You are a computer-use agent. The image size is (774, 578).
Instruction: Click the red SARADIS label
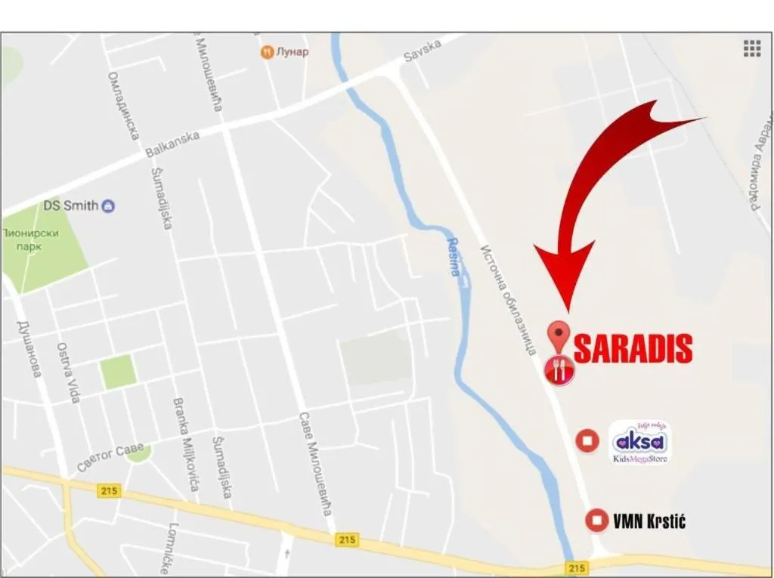pyautogui.click(x=633, y=348)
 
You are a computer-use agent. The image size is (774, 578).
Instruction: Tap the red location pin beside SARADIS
pyautogui.click(x=559, y=335)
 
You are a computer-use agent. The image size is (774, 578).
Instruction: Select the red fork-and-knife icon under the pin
pyautogui.click(x=559, y=369)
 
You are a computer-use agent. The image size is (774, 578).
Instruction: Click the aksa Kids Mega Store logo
pyautogui.click(x=639, y=442)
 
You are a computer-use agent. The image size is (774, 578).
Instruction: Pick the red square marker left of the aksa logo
pyautogui.click(x=587, y=440)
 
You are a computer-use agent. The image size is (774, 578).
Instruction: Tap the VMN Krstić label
pyautogui.click(x=649, y=521)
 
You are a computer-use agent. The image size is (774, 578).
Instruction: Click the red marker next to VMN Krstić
pyautogui.click(x=597, y=520)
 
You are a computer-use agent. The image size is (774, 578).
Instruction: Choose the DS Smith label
pyautogui.click(x=71, y=205)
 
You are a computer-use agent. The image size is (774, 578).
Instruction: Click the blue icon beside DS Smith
pyautogui.click(x=109, y=206)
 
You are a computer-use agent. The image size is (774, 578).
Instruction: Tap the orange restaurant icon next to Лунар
pyautogui.click(x=266, y=52)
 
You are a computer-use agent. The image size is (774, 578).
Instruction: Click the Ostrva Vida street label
pyautogui.click(x=68, y=372)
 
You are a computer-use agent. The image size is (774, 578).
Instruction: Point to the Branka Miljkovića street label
pyautogui.click(x=185, y=444)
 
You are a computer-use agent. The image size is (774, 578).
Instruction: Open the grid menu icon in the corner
pyautogui.click(x=751, y=48)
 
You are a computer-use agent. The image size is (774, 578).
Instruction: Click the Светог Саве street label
pyautogui.click(x=110, y=457)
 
